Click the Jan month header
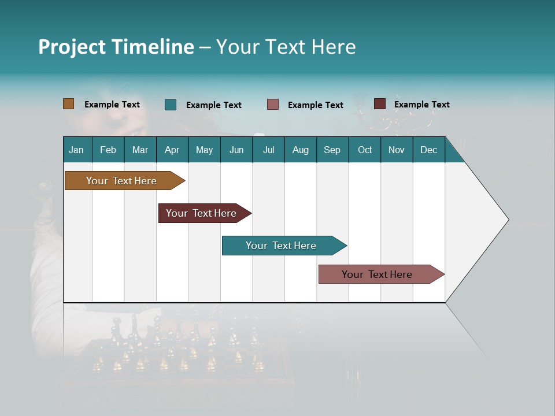pos(76,150)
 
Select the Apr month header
pos(172,150)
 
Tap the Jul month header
pos(268,150)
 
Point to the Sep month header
pos(332,150)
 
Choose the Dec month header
pos(428,150)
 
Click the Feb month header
pos(108,150)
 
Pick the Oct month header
pos(365,150)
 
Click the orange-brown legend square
pos(69,104)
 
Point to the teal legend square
pos(171,105)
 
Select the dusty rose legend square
pos(273,105)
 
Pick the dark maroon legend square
pos(380,104)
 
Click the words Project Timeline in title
pos(116,47)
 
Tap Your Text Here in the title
pos(286,47)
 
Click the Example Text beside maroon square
pos(421,105)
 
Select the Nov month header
pos(397,150)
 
